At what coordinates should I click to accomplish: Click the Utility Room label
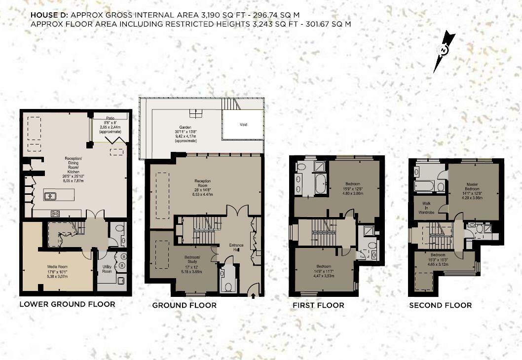(x=107, y=269)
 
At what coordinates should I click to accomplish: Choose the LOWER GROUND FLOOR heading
(x=67, y=304)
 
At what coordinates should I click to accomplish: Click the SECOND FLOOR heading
(x=440, y=305)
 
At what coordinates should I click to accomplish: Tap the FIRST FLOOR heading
(x=318, y=305)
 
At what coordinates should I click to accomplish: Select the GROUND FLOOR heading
(x=184, y=305)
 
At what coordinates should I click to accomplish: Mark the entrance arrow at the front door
(x=254, y=295)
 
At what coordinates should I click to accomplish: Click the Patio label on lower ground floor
(x=111, y=118)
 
